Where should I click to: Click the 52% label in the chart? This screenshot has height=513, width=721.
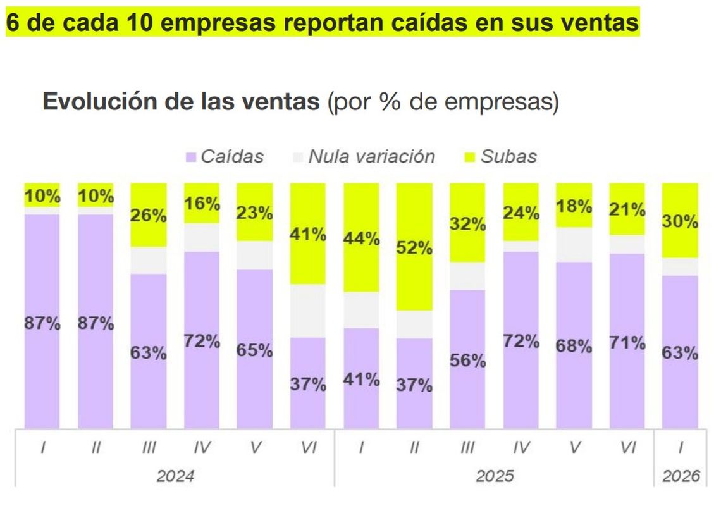coord(414,248)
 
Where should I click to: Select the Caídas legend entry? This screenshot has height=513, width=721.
coord(225,157)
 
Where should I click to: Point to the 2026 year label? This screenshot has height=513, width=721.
coord(681,476)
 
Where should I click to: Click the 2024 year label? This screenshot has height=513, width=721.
coord(175,476)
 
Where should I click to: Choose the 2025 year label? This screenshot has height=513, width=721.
coord(495,476)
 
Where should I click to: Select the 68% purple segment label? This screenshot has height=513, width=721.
coord(574,346)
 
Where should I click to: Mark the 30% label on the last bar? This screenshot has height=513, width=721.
coord(681,222)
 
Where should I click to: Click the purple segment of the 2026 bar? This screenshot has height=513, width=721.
coord(681,380)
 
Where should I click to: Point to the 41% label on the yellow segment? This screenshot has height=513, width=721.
coord(308,235)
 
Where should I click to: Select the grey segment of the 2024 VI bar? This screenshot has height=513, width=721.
coord(308,311)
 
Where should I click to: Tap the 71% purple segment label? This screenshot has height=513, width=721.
coord(627,343)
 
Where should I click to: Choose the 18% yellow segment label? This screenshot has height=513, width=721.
coord(574,206)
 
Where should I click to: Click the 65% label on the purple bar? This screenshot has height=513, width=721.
coord(255,350)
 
